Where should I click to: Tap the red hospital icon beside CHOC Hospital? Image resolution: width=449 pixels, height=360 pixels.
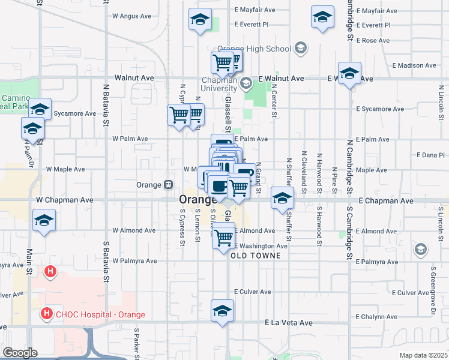[46, 313]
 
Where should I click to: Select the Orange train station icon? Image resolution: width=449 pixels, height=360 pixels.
[169, 185]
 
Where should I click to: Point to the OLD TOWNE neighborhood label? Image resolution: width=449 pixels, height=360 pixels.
[255, 255]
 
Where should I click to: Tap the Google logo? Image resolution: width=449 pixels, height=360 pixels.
[19, 353]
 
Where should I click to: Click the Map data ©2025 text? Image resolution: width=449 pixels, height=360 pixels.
[423, 355]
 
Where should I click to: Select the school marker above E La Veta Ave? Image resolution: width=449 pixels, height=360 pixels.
[222, 310]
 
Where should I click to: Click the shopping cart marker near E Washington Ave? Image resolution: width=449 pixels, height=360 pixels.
[224, 237]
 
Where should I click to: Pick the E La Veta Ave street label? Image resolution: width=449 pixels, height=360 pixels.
[289, 323]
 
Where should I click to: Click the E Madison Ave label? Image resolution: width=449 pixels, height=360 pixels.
[414, 65]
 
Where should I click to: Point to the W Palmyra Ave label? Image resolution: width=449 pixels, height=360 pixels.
[134, 261]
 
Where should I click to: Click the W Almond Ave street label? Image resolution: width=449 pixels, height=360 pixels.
[130, 230]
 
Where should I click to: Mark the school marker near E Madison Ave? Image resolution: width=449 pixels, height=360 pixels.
[349, 73]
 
